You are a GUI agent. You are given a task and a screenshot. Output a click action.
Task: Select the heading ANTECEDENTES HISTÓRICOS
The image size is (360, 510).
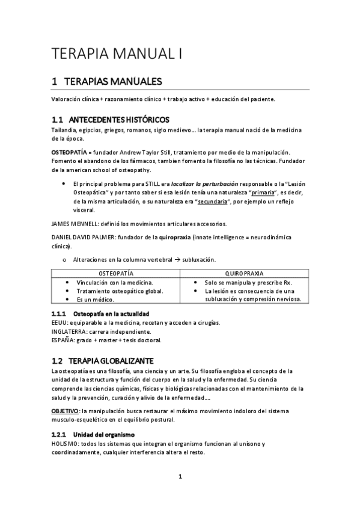pyautogui.click(x=123, y=119)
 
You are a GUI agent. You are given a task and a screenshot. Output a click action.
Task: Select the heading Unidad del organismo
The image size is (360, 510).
pyautogui.click(x=104, y=434)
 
